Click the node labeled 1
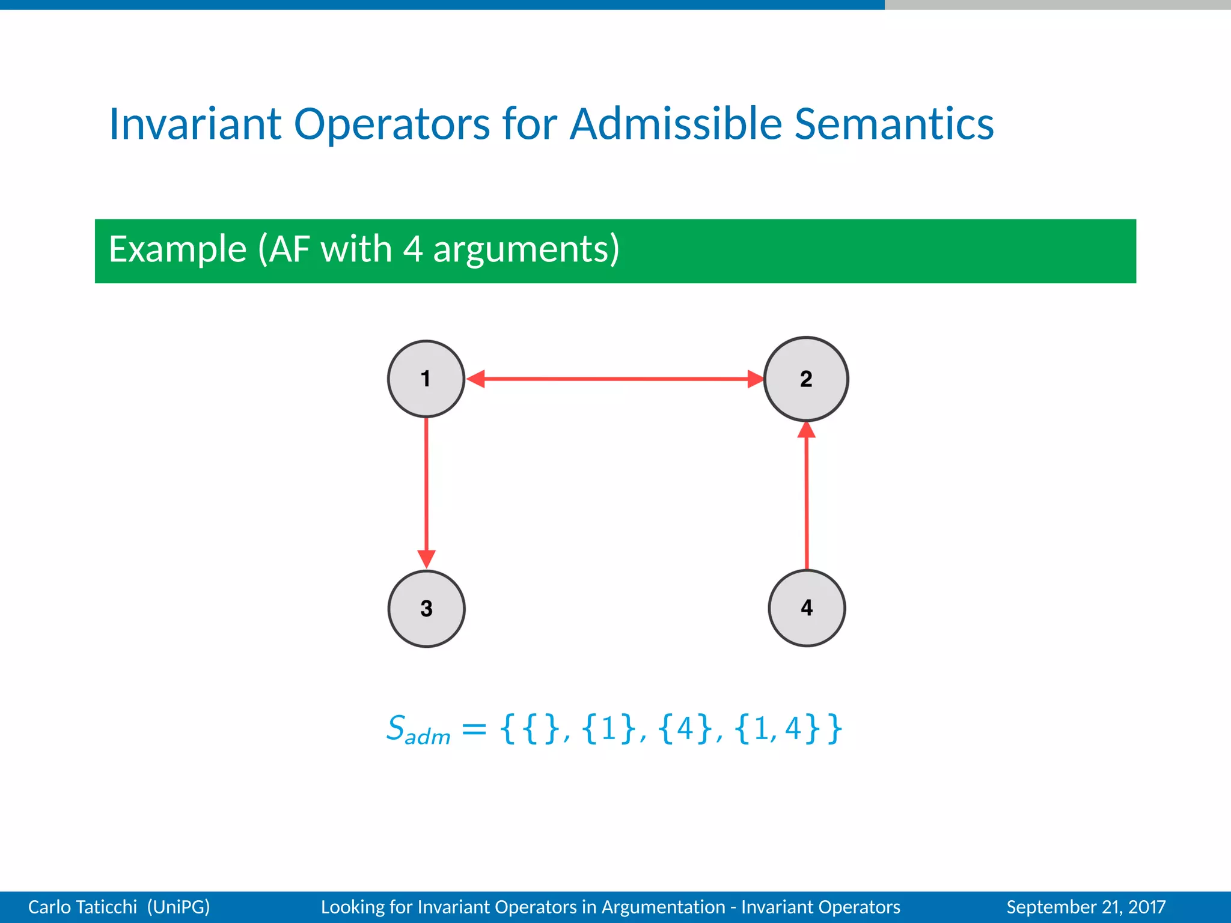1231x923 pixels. (426, 379)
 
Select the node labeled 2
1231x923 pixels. (805, 379)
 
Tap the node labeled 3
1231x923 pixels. (426, 608)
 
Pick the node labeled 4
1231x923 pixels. (807, 608)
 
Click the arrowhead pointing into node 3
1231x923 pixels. (426, 559)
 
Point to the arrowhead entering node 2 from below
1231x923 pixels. (806, 430)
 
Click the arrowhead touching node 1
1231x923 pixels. (476, 379)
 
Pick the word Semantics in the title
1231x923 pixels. (894, 124)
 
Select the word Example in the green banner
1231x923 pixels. (178, 249)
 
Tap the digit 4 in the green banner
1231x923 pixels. (412, 249)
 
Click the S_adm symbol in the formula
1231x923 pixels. (417, 730)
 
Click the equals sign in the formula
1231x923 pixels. (474, 730)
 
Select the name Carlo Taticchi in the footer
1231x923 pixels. (82, 907)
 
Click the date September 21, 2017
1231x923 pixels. (1086, 907)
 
